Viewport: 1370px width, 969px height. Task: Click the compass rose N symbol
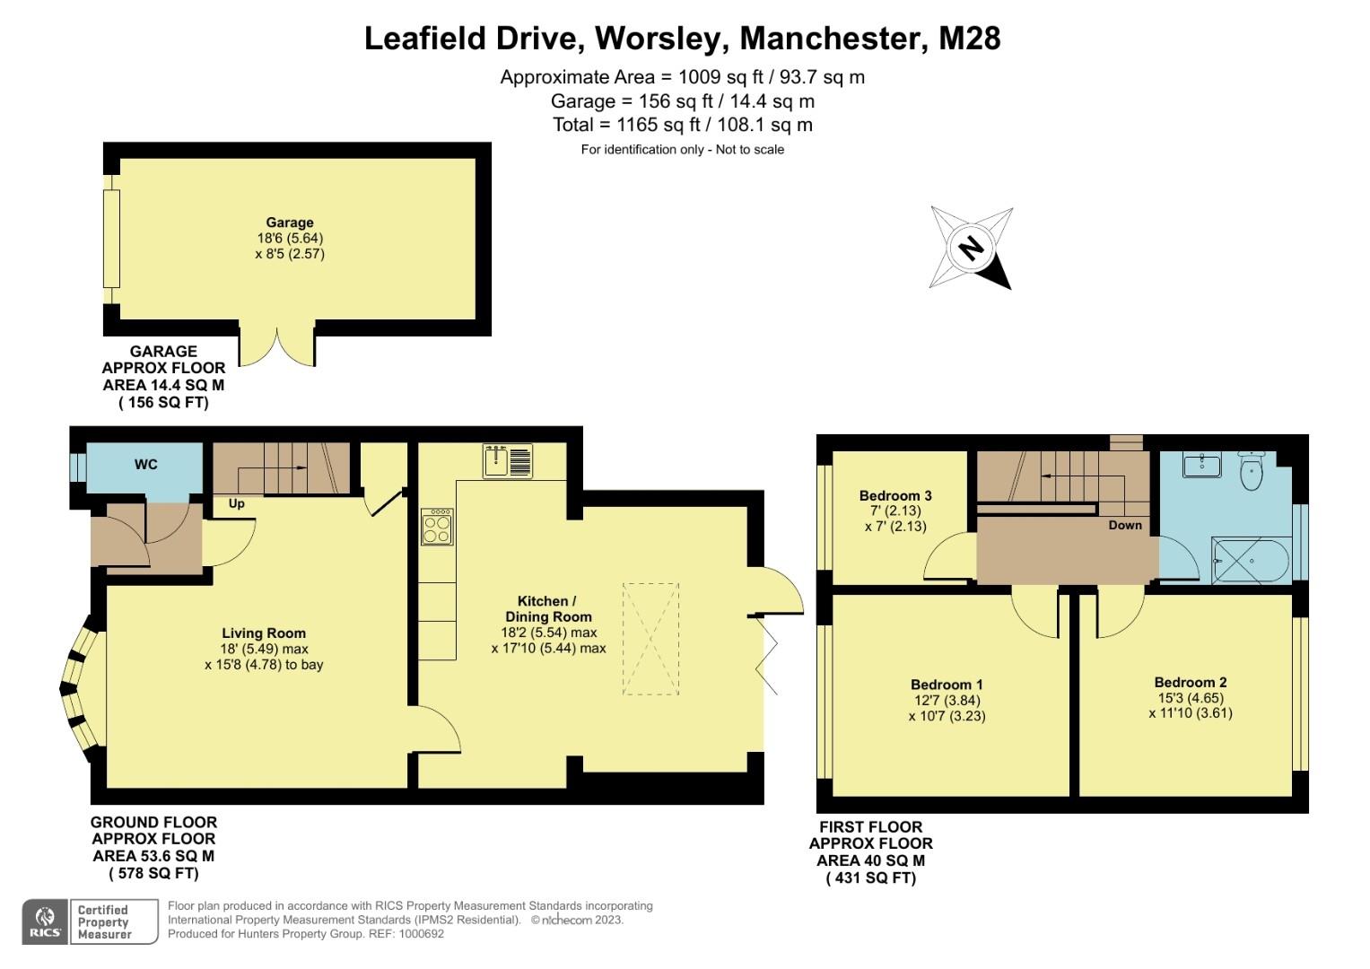(971, 248)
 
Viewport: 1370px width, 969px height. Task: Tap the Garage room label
(289, 223)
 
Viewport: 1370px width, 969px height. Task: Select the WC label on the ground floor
(145, 464)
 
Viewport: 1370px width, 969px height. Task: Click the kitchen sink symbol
(508, 461)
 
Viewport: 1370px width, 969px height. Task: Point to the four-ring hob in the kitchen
(437, 527)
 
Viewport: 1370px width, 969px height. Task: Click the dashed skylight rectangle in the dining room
(650, 638)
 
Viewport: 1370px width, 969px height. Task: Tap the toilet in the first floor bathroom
(1252, 472)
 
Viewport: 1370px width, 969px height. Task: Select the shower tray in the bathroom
(1251, 561)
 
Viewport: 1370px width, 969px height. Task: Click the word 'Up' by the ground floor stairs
(236, 503)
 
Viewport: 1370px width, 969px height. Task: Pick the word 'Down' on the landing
(1124, 525)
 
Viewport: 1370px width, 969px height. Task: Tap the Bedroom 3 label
(894, 495)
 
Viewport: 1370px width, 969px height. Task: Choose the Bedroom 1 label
(947, 685)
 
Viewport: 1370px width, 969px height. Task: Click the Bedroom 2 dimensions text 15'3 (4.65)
(1190, 698)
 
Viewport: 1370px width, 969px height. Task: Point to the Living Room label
(264, 633)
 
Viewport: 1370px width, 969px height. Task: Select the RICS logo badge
(45, 921)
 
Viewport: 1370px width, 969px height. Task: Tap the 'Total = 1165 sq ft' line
(682, 125)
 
